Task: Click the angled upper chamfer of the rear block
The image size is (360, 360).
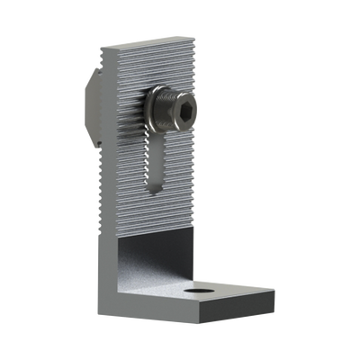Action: (x=95, y=84)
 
